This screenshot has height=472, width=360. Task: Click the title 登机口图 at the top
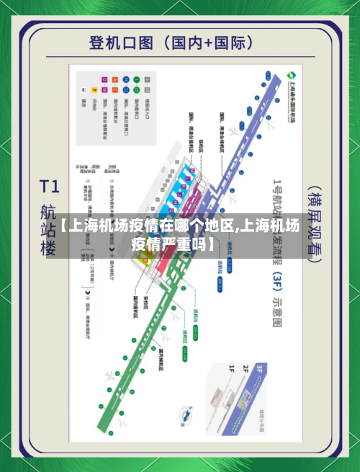122,42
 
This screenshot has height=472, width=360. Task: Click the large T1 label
48,187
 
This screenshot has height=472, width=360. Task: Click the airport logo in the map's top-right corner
290,78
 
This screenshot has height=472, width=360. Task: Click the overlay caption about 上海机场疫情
180,234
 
